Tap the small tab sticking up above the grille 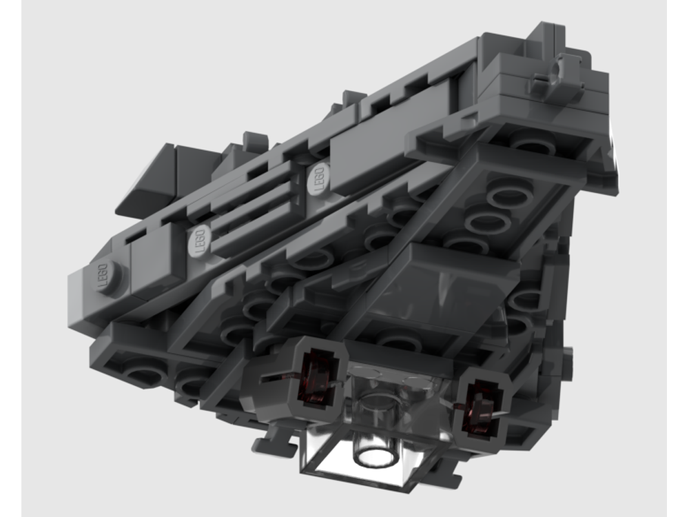tap(256, 141)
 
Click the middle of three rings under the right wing tap(486, 221)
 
